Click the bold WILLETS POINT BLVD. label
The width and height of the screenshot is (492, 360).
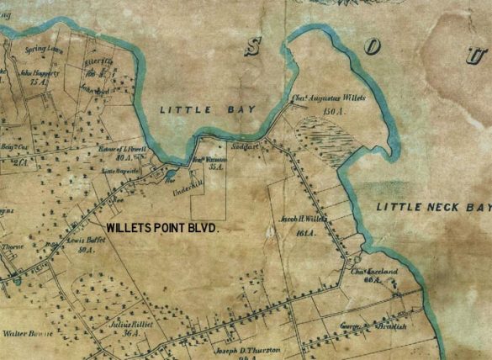(x=162, y=228)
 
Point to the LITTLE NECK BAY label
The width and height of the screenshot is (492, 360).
(x=432, y=207)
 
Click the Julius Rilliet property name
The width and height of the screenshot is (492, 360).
(x=127, y=320)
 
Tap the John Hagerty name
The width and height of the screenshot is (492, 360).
(x=40, y=73)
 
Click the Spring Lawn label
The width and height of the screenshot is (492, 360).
(x=40, y=50)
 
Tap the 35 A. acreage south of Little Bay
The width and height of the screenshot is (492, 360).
(x=216, y=167)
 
